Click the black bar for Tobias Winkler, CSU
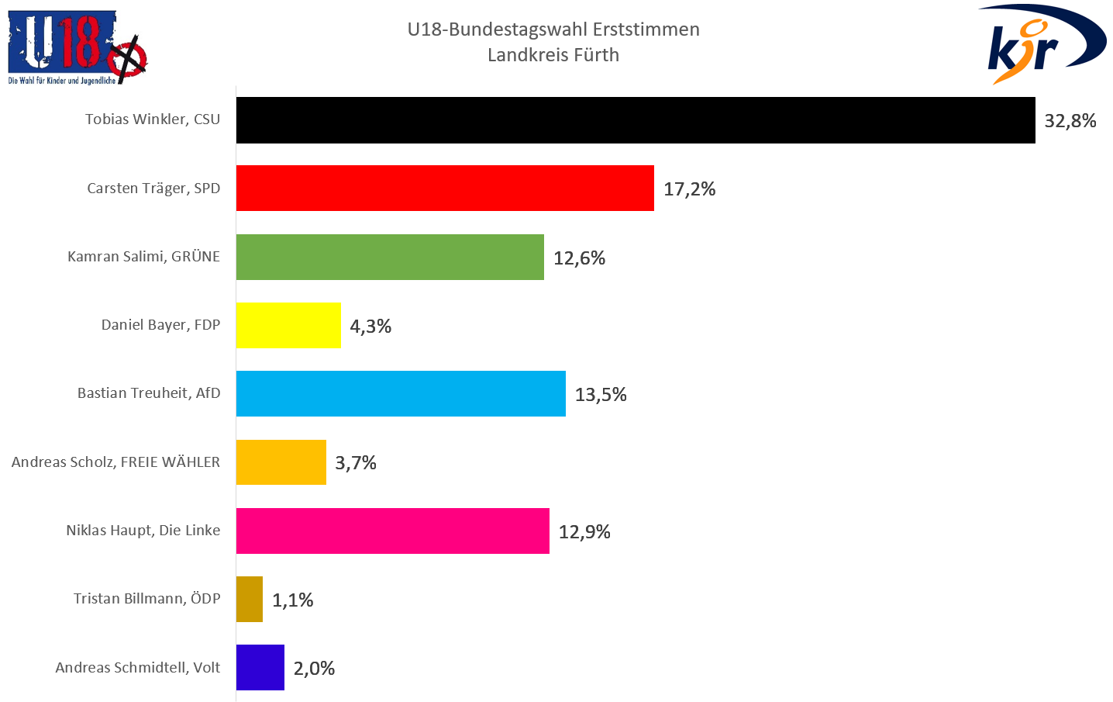636,120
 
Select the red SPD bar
445,188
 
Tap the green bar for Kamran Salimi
390,257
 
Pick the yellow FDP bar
288,325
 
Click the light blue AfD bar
401,393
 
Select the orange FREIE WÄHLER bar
281,462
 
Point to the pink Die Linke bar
393,531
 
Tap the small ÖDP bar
250,599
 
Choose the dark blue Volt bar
260,667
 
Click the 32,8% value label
1070,121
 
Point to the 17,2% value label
689,189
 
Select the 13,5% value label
601,395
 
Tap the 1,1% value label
293,600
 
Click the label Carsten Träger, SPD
153,188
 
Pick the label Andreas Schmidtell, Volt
138,668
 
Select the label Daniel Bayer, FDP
160,325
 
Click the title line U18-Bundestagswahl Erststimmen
553,29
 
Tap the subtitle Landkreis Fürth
553,55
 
